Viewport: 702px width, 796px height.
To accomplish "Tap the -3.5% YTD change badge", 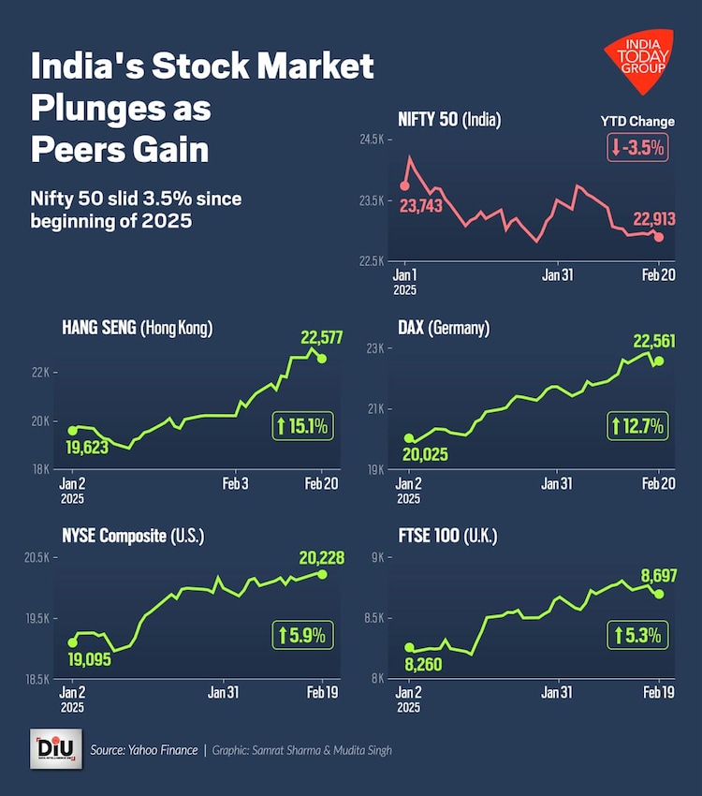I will pyautogui.click(x=638, y=147).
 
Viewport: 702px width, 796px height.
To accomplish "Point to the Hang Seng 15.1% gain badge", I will pyautogui.click(x=301, y=428).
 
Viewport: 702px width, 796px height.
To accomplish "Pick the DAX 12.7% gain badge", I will pyautogui.click(x=638, y=427).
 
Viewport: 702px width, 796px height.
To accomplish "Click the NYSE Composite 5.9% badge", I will pyautogui.click(x=301, y=635).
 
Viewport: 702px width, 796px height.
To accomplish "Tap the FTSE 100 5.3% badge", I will pyautogui.click(x=638, y=635).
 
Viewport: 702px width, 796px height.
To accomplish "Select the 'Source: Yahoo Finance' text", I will pyautogui.click(x=144, y=750).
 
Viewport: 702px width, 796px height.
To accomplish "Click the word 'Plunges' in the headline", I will pyautogui.click(x=92, y=109).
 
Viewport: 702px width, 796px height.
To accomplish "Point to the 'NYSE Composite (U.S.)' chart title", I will pyautogui.click(x=133, y=537).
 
